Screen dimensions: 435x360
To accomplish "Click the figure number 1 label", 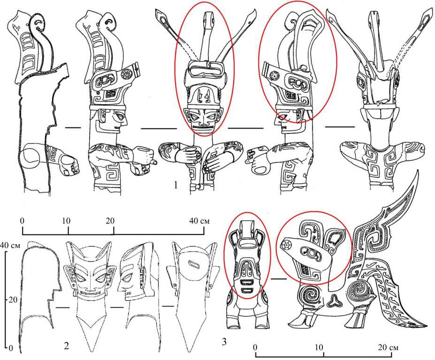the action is tap(176, 185).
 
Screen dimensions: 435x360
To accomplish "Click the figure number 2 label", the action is tap(66, 345).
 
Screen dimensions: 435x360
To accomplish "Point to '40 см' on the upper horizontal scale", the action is tap(199, 221).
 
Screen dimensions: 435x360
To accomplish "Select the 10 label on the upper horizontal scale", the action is tap(66, 221).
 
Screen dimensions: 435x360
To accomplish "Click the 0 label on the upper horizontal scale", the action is tap(22, 221).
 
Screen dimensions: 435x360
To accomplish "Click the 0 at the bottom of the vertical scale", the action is tap(11, 348).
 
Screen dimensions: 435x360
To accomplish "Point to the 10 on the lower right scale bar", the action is tap(319, 347).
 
